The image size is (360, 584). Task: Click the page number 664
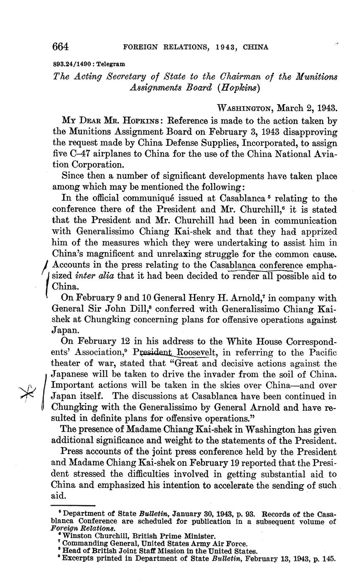click(x=61, y=47)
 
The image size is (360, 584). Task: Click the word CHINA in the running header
click(x=255, y=47)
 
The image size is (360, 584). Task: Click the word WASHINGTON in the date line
click(x=244, y=108)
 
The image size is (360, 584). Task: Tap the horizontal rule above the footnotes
click(x=73, y=505)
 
